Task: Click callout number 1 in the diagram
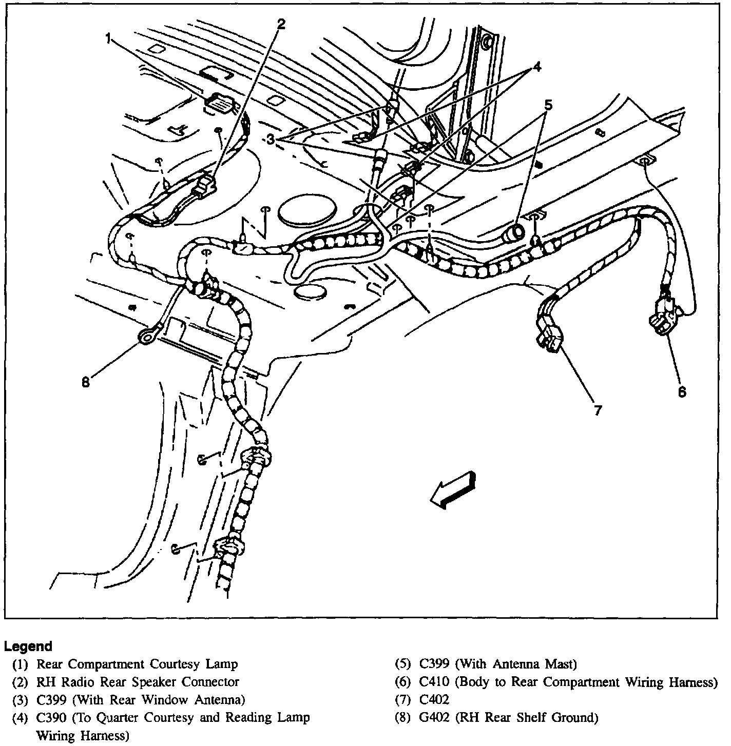[x=108, y=39]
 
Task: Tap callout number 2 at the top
[x=281, y=23]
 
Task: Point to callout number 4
[x=536, y=67]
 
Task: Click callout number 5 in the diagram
[x=548, y=106]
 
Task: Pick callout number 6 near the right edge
[x=682, y=391]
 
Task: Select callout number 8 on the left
[x=86, y=382]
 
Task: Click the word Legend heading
[x=28, y=646]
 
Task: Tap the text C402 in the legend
[x=434, y=700]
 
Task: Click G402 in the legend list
[x=434, y=717]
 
